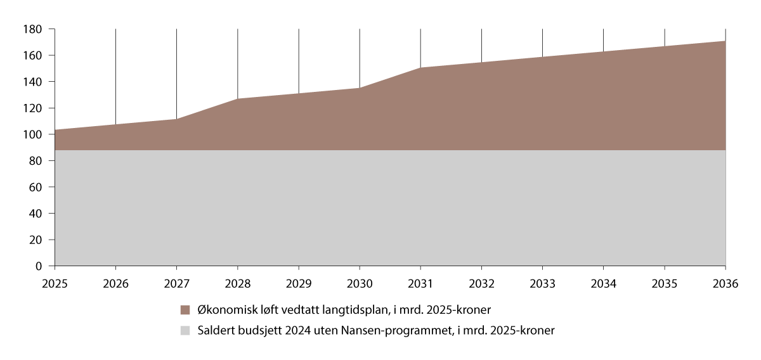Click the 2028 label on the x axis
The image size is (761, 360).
pyautogui.click(x=237, y=284)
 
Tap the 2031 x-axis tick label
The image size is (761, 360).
pyautogui.click(x=420, y=284)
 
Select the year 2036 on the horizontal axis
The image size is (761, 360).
pyautogui.click(x=725, y=284)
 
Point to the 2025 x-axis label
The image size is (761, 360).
pyautogui.click(x=55, y=284)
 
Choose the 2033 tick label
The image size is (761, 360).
pyautogui.click(x=542, y=284)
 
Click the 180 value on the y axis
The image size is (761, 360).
pyautogui.click(x=33, y=29)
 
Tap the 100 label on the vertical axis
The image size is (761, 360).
pyautogui.click(x=33, y=134)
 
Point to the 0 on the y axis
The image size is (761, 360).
pyautogui.click(x=39, y=266)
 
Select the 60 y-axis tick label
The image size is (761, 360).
pyautogui.click(x=36, y=188)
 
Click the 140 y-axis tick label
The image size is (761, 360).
pyautogui.click(x=33, y=82)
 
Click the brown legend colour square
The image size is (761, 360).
pyautogui.click(x=185, y=310)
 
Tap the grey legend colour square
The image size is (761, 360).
pyautogui.click(x=185, y=330)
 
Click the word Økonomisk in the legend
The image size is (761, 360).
pyautogui.click(x=223, y=310)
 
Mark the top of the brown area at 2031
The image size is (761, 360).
pyautogui.click(x=420, y=68)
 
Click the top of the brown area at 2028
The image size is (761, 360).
pyautogui.click(x=237, y=99)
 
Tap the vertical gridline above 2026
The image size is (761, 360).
pyautogui.click(x=115, y=76)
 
